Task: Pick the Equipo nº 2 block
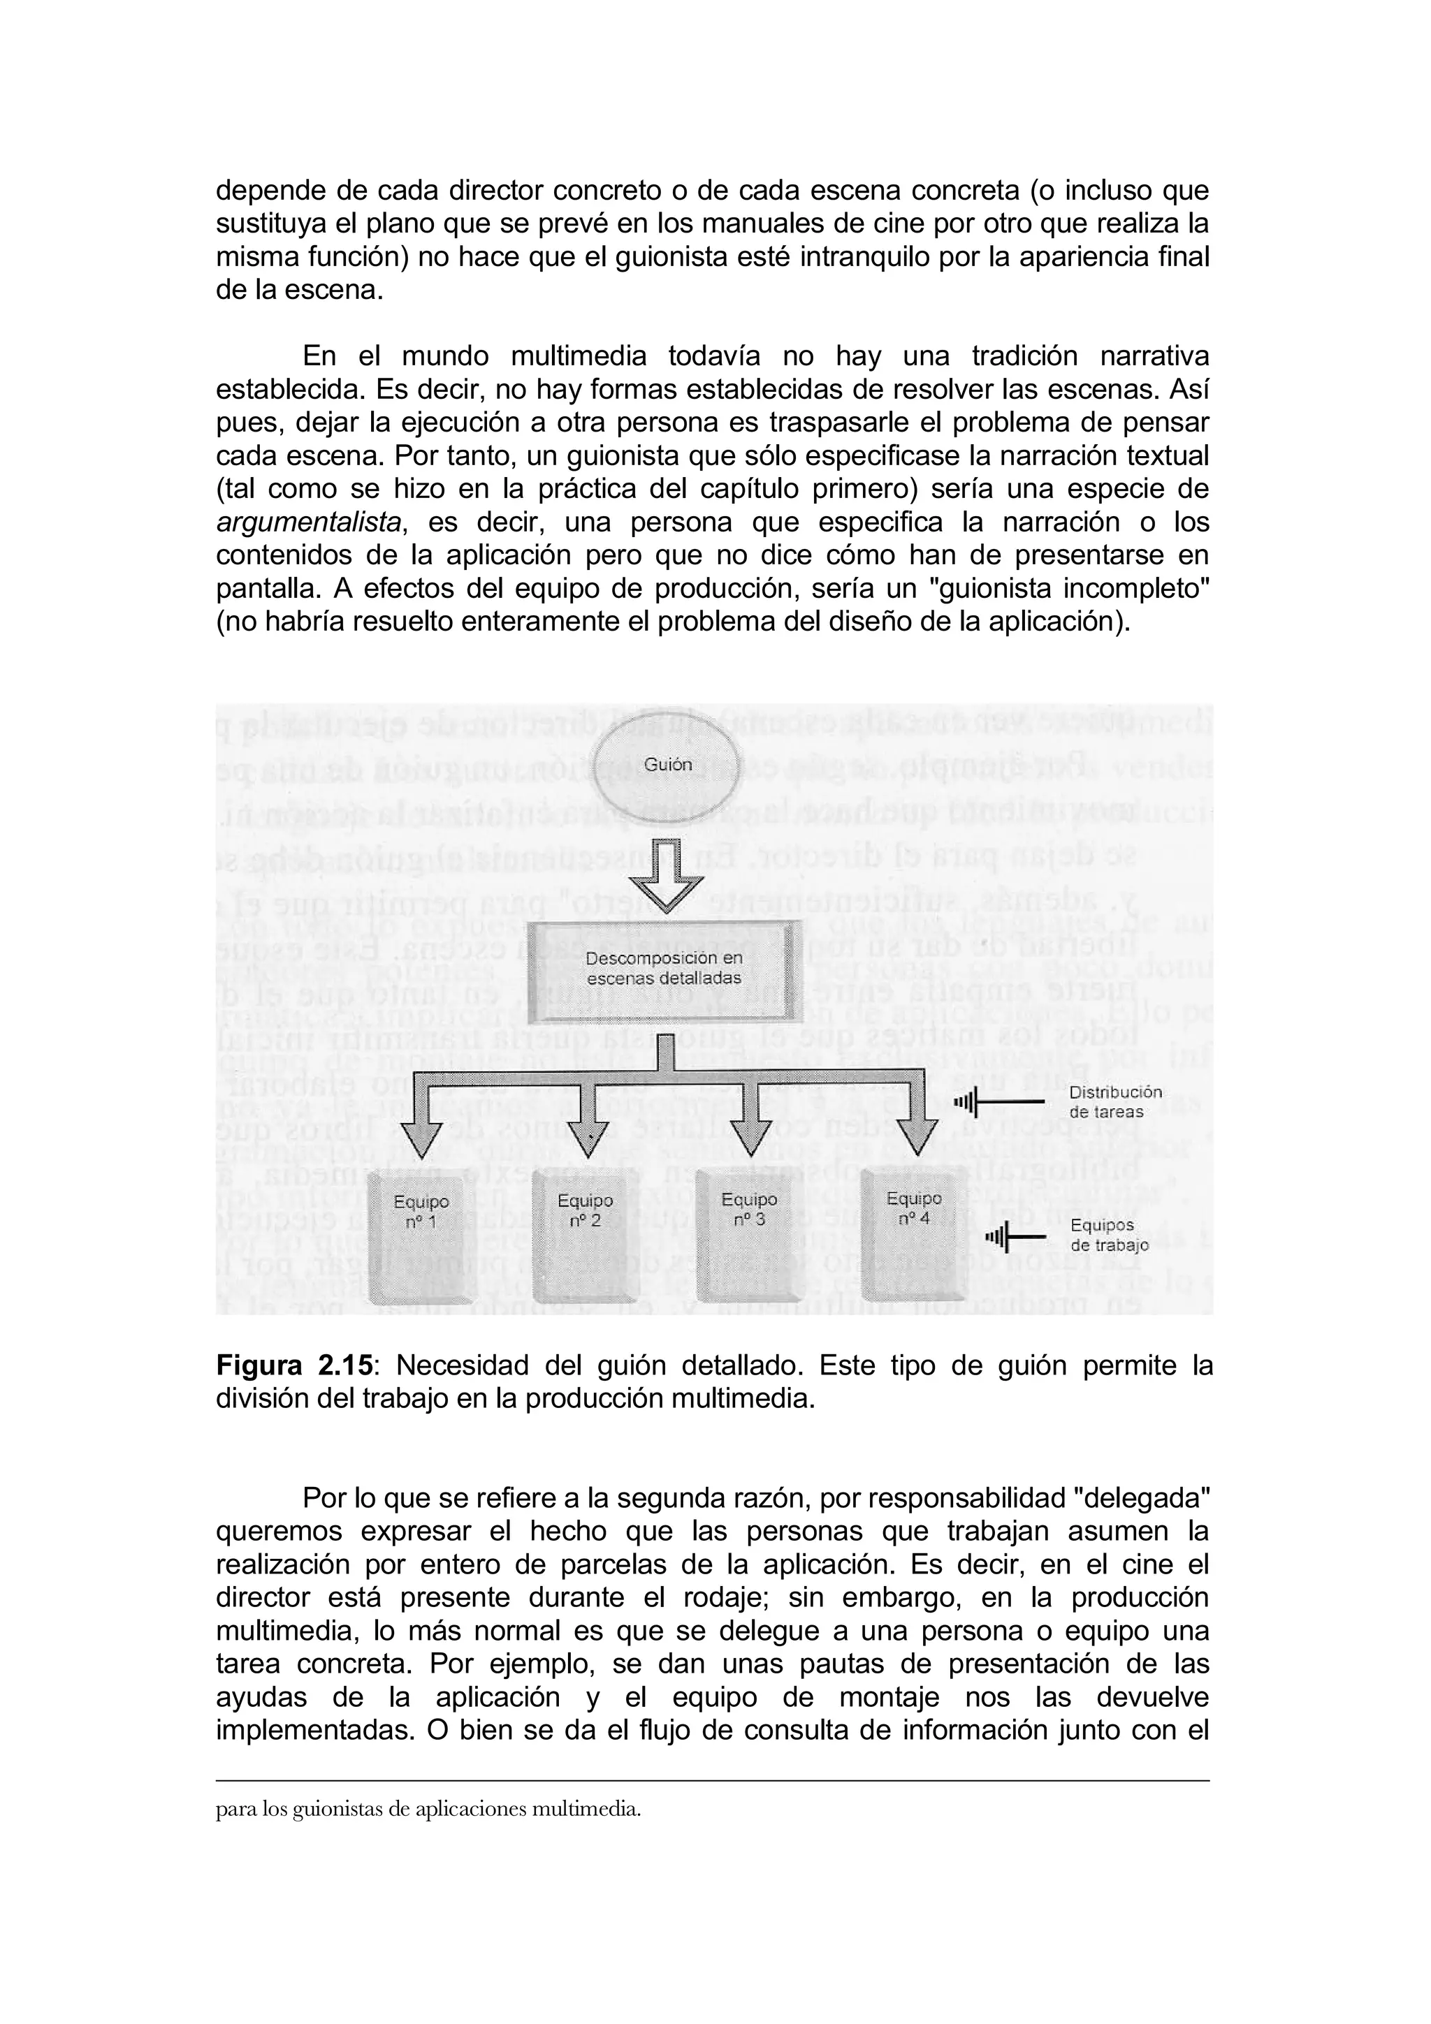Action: (x=586, y=1238)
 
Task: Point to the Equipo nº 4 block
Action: (x=913, y=1234)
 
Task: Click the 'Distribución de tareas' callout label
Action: (x=1114, y=1101)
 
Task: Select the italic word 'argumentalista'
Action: (x=310, y=522)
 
